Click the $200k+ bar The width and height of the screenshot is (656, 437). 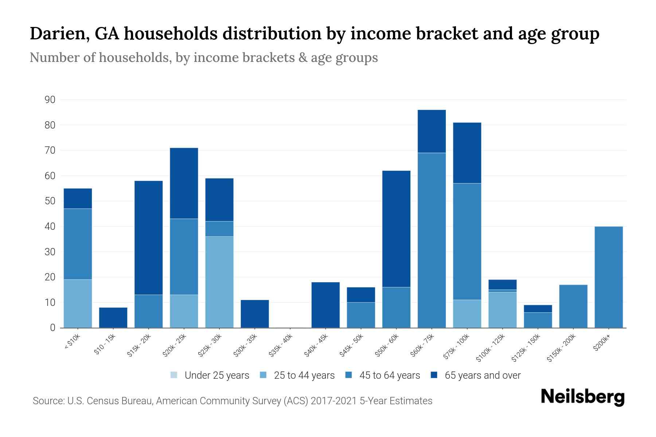coord(608,277)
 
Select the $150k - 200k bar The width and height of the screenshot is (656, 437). coord(573,306)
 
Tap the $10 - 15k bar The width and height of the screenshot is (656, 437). coord(113,318)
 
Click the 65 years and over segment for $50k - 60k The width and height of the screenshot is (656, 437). coord(396,229)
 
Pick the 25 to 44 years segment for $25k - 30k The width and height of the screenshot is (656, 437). coord(219,282)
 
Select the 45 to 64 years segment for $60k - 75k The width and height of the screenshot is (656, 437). coord(432,240)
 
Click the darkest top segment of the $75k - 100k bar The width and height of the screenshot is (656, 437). coord(467,153)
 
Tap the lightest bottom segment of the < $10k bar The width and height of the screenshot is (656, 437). coord(78,303)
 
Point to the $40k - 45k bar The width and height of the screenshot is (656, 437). coord(325,305)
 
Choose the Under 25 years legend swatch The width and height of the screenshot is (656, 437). coord(174,375)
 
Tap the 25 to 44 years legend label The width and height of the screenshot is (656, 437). coord(304,375)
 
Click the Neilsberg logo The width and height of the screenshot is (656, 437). coord(582,397)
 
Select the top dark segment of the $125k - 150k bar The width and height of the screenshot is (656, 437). coord(538,308)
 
